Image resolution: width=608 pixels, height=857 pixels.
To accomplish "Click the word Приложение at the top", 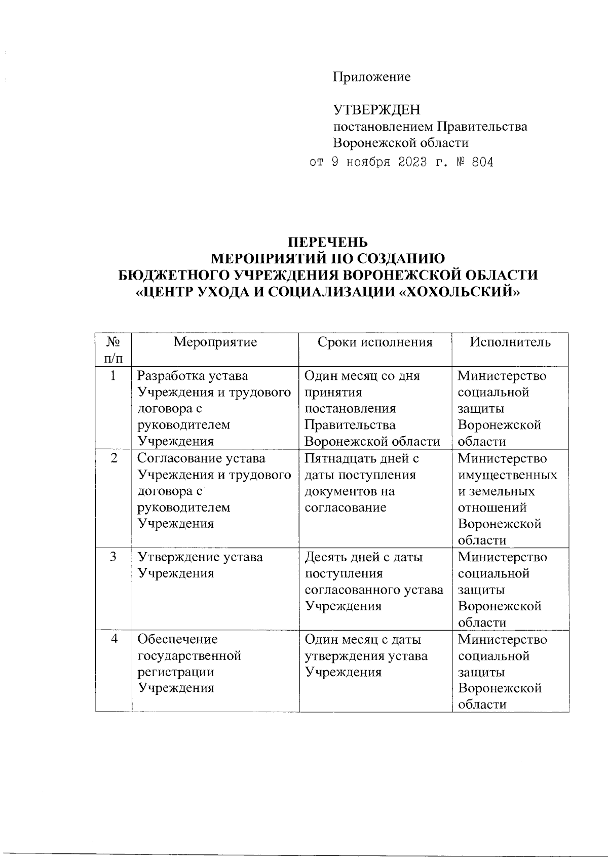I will pyautogui.click(x=371, y=77).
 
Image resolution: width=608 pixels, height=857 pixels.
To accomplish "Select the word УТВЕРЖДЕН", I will pyautogui.click(x=376, y=110).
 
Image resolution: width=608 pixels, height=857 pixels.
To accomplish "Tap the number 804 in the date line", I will pyautogui.click(x=482, y=163).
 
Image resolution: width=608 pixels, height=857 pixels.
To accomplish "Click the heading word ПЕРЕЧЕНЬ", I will pyautogui.click(x=327, y=242).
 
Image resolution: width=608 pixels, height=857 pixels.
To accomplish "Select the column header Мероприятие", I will pyautogui.click(x=215, y=342).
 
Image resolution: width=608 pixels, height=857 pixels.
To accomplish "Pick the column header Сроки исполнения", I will pyautogui.click(x=375, y=342).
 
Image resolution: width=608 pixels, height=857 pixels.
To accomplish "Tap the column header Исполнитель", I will pyautogui.click(x=510, y=342).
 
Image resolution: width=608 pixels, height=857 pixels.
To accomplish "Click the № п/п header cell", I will pyautogui.click(x=113, y=349).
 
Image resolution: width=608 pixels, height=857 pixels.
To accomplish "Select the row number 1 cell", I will pyautogui.click(x=113, y=375).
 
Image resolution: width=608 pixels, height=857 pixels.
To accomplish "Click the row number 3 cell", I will pyautogui.click(x=113, y=557).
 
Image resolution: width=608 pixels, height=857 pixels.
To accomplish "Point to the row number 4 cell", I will pyautogui.click(x=113, y=639).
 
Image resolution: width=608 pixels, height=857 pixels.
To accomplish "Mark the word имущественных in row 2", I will pyautogui.click(x=507, y=475).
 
